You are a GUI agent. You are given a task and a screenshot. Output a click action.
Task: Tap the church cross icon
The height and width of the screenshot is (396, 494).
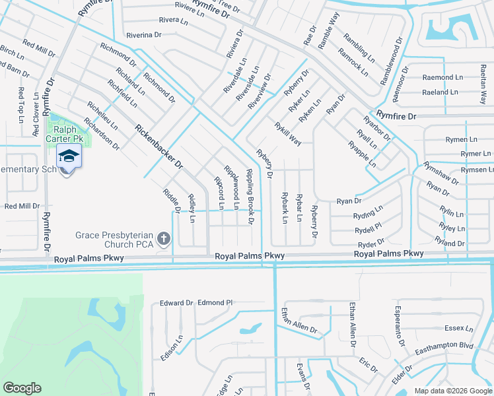pos(164,239)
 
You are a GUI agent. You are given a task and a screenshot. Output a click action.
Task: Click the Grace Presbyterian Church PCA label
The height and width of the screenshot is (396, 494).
pos(115,240)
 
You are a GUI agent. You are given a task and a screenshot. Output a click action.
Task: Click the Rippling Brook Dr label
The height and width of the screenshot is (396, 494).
pos(250,195)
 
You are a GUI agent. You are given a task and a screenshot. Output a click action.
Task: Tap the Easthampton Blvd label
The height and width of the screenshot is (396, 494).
pos(449,345)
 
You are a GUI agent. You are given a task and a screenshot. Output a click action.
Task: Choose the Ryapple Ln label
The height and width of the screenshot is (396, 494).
pos(362,154)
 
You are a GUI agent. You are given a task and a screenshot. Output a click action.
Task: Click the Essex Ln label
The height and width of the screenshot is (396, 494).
pos(459,328)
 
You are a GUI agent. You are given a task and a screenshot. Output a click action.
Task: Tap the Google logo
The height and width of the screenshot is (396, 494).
pos(22,388)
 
